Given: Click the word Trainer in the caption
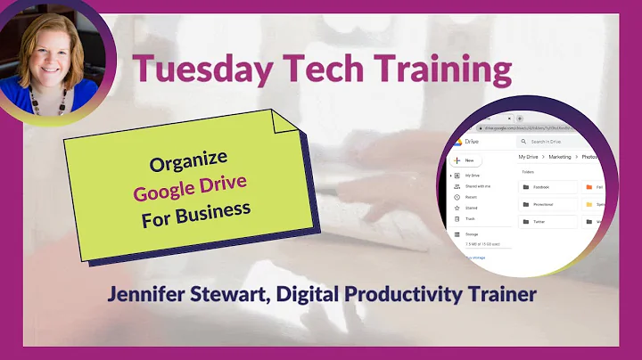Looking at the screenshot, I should pyautogui.click(x=504, y=293).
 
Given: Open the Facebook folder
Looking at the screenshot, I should pyautogui.click(x=540, y=187).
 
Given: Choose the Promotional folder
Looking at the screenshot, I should pyautogui.click(x=542, y=204).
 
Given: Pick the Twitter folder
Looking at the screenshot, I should pyautogui.click(x=538, y=221).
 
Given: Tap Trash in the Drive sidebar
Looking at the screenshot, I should pyautogui.click(x=470, y=217).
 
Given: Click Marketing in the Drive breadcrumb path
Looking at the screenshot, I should pyautogui.click(x=560, y=157).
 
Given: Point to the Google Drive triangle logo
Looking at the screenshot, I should pyautogui.click(x=457, y=142).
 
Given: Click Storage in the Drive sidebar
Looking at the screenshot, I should pyautogui.click(x=472, y=234).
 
